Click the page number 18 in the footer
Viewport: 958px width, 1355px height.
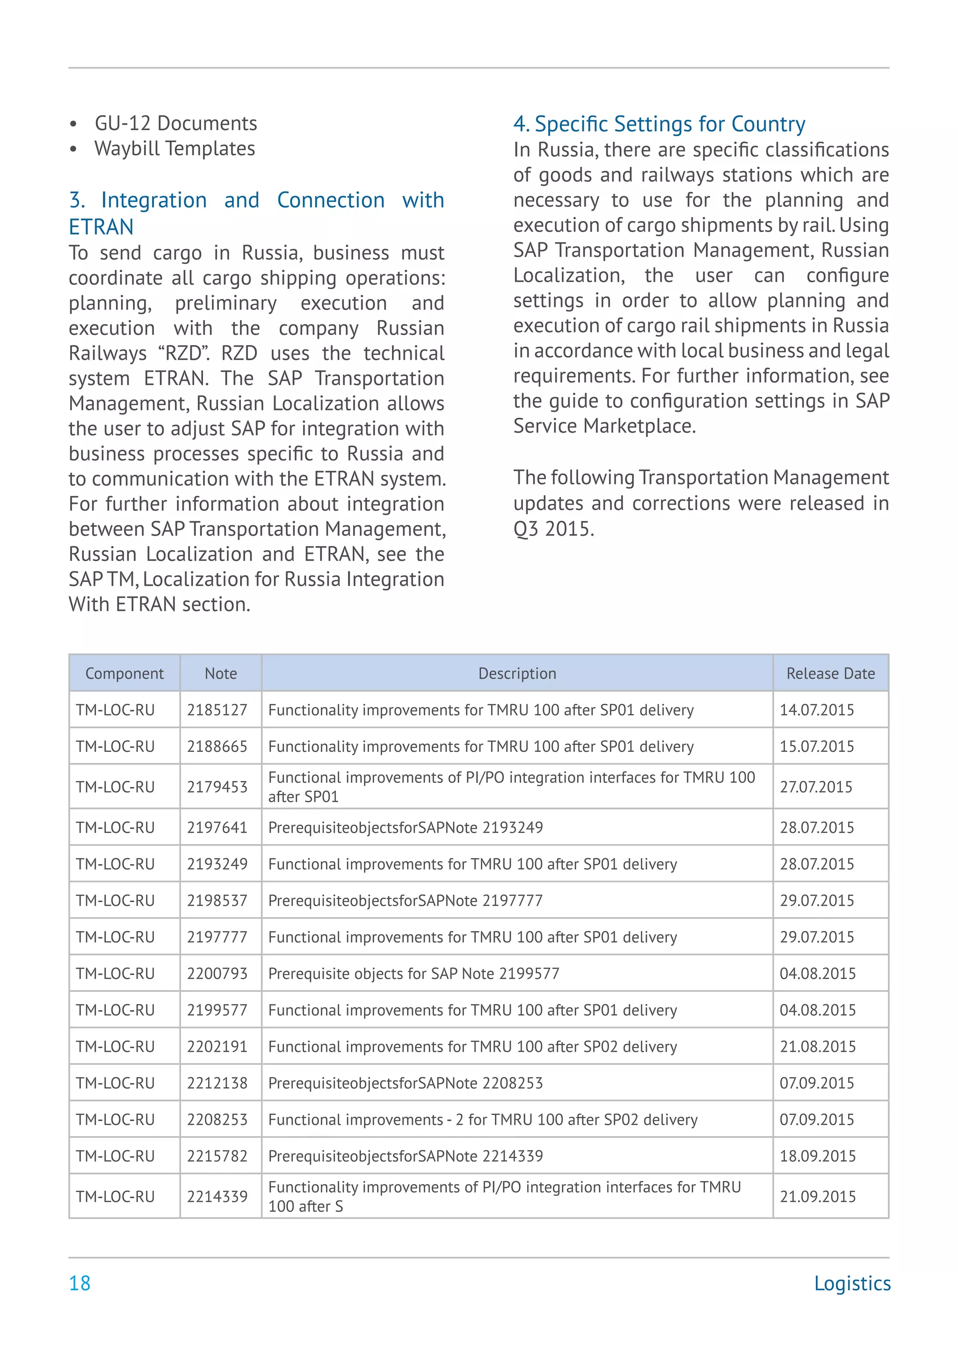[80, 1283]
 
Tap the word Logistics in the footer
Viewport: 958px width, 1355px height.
[852, 1283]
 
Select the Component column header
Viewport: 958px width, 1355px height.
[124, 673]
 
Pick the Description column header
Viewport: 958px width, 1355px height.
[517, 673]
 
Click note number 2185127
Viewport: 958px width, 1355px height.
[217, 710]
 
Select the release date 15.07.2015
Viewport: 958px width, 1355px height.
[816, 747]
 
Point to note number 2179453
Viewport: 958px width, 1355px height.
[217, 787]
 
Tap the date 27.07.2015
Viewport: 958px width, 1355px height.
[816, 787]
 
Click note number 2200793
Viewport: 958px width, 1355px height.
[217, 974]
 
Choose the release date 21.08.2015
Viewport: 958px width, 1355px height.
[817, 1047]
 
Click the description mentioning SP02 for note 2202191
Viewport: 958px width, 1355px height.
[472, 1047]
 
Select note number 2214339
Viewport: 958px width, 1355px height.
[217, 1197]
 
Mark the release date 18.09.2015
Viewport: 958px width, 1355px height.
[817, 1156]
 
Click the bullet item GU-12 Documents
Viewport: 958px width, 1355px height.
[176, 124]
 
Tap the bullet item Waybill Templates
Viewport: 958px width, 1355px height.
[174, 149]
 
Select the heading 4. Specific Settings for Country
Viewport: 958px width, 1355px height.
[659, 124]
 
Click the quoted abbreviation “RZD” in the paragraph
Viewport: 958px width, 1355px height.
[183, 354]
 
